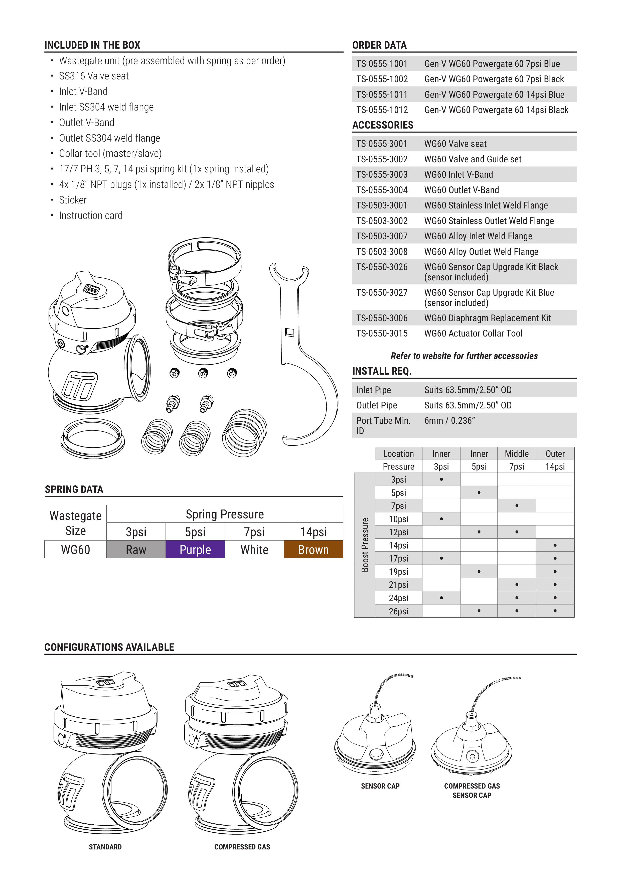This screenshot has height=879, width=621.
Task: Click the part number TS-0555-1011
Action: [x=382, y=94]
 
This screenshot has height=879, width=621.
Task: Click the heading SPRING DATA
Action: [x=74, y=489]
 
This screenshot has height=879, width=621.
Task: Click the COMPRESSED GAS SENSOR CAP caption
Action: [x=472, y=791]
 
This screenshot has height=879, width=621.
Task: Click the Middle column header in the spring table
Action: [x=517, y=454]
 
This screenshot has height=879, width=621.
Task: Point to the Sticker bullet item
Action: [x=73, y=200]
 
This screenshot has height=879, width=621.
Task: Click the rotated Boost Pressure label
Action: [x=365, y=545]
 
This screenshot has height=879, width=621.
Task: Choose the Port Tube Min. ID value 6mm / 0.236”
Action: [x=449, y=421]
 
